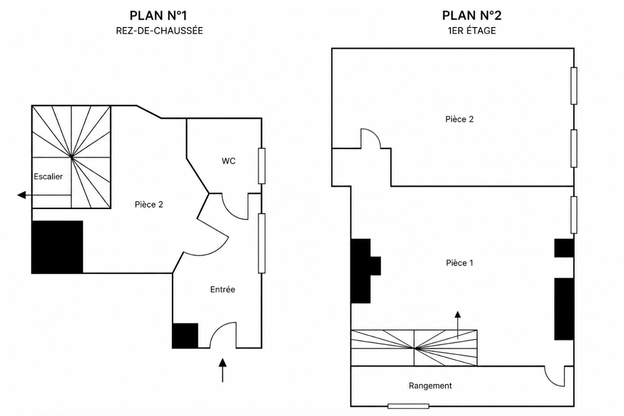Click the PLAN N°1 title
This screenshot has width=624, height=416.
(158, 16)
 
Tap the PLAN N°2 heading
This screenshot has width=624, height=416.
(472, 16)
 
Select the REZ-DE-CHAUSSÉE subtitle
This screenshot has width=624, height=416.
(159, 31)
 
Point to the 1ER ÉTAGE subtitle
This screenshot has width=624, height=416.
(472, 31)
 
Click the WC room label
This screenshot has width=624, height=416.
(229, 161)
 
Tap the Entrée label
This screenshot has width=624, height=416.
(222, 290)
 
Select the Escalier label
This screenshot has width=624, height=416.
(48, 176)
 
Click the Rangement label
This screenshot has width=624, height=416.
(430, 385)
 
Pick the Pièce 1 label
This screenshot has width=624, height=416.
(460, 263)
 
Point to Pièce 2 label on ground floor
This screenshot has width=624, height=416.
(149, 204)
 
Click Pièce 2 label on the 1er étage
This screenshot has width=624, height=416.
(460, 119)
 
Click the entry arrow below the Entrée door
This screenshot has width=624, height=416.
(222, 370)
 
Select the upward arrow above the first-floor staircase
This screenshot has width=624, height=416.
(458, 325)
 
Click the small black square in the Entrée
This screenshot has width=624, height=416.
(185, 335)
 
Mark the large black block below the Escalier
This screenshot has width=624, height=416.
(57, 247)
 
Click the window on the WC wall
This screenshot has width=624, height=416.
(262, 166)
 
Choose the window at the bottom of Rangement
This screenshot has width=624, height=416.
(408, 406)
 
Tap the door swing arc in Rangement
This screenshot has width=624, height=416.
(550, 380)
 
